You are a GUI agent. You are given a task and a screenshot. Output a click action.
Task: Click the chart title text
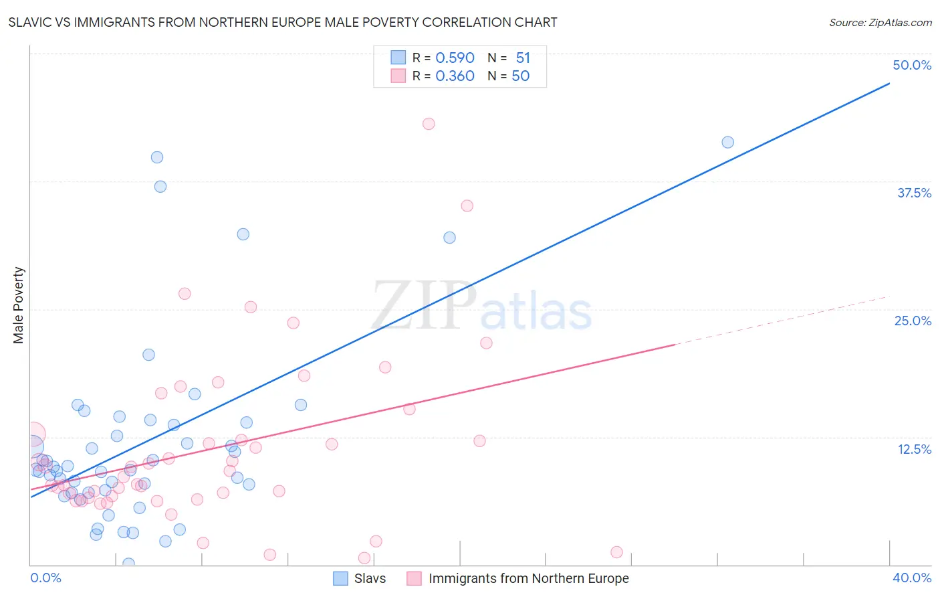coord(283,22)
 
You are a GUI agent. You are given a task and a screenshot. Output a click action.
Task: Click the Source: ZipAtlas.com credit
coord(880,22)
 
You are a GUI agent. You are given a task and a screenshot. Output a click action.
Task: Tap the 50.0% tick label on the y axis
coord(912,65)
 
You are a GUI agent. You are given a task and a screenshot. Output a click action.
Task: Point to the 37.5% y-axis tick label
coord(914,193)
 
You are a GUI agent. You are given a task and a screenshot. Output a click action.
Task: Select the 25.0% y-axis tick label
coord(913,321)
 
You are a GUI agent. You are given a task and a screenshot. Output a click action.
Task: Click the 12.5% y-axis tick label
coord(914,449)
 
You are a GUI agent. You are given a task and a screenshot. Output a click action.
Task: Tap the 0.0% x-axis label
coord(45,578)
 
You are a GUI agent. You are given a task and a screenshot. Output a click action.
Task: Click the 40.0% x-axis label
coord(912,578)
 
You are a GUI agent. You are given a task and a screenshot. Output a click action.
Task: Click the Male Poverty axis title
coord(19,305)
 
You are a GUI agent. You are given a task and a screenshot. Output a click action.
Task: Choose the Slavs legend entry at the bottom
coord(370,578)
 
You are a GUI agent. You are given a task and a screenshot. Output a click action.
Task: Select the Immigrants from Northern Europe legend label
coord(528,578)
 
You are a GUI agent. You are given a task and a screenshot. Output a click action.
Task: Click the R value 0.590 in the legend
coord(455,58)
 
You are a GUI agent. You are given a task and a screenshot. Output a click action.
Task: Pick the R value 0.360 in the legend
coord(455,76)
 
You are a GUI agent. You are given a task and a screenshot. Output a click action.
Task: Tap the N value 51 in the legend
coord(523,58)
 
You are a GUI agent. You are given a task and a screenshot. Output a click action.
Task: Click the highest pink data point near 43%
coord(429,124)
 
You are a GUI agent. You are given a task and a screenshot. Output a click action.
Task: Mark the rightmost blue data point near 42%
coord(728,142)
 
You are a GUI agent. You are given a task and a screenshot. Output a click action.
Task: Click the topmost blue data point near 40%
coord(157,157)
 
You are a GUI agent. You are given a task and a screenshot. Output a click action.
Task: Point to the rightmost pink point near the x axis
coord(616,552)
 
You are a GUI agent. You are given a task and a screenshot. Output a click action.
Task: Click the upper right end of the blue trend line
coord(889,84)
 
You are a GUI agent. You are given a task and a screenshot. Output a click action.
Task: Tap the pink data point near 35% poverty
coord(467,205)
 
